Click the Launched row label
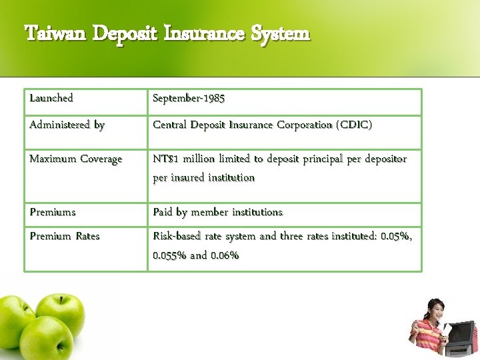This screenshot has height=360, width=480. [51, 98]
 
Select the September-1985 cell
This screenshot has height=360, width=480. [189, 98]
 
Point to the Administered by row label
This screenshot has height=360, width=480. [67, 125]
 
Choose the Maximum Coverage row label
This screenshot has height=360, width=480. [76, 159]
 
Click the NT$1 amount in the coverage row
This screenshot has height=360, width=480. [167, 159]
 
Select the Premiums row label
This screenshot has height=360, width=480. [53, 212]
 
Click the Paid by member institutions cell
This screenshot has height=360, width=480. [217, 212]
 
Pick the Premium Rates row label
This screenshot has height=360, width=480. [65, 236]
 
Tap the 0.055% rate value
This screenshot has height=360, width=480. [170, 255]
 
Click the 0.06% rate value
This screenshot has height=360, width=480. [225, 255]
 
